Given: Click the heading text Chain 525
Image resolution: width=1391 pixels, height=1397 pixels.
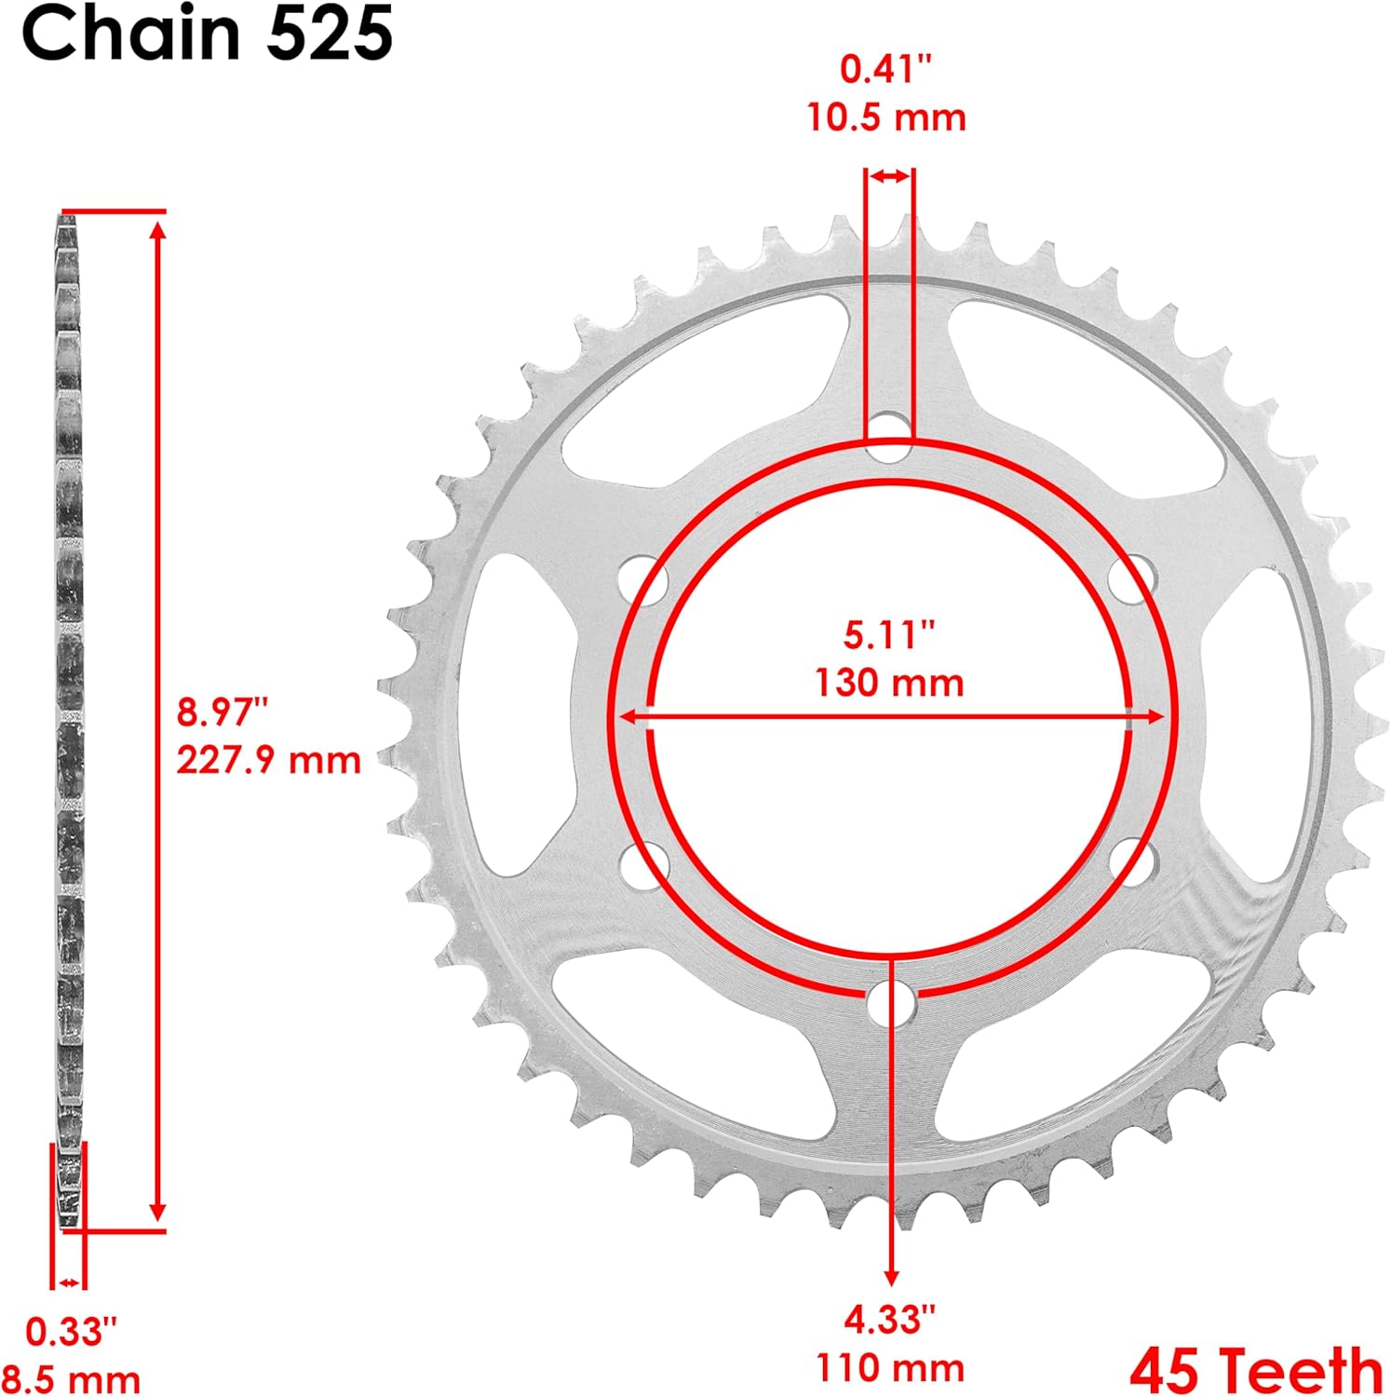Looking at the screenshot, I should (x=207, y=34).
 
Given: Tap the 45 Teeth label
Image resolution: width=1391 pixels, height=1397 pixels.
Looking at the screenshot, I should (x=1257, y=1370).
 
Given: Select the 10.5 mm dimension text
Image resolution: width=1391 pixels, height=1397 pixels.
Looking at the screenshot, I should (x=886, y=118).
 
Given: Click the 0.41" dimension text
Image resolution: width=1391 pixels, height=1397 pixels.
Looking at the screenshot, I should (x=886, y=70).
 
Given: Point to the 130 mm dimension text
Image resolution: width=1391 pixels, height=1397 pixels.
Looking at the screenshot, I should (x=889, y=683).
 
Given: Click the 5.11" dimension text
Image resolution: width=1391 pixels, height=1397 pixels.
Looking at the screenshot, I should (x=889, y=635).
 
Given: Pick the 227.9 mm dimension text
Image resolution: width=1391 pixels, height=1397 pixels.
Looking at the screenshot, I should (x=268, y=760).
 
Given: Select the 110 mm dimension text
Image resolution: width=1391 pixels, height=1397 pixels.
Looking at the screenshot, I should (x=890, y=1367).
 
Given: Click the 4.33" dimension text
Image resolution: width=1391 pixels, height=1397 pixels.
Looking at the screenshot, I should (x=889, y=1319).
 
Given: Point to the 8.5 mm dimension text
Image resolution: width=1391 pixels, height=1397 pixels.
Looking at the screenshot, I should (x=71, y=1378).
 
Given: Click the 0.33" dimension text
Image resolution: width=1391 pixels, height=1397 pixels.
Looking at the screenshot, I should (x=72, y=1332).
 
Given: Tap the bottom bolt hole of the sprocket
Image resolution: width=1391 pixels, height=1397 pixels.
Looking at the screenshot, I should (x=890, y=1004).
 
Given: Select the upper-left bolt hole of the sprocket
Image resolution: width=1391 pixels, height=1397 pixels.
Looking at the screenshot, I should (x=644, y=578).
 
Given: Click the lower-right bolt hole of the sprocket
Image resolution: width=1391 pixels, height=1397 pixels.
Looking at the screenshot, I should (x=1133, y=861).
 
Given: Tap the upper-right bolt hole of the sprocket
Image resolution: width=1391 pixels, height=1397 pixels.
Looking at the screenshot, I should (x=1133, y=577).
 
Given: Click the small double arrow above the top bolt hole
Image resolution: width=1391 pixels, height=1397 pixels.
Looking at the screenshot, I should (x=890, y=176).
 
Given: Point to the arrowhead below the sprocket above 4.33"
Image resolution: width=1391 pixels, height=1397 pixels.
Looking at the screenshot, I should (x=892, y=1275).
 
